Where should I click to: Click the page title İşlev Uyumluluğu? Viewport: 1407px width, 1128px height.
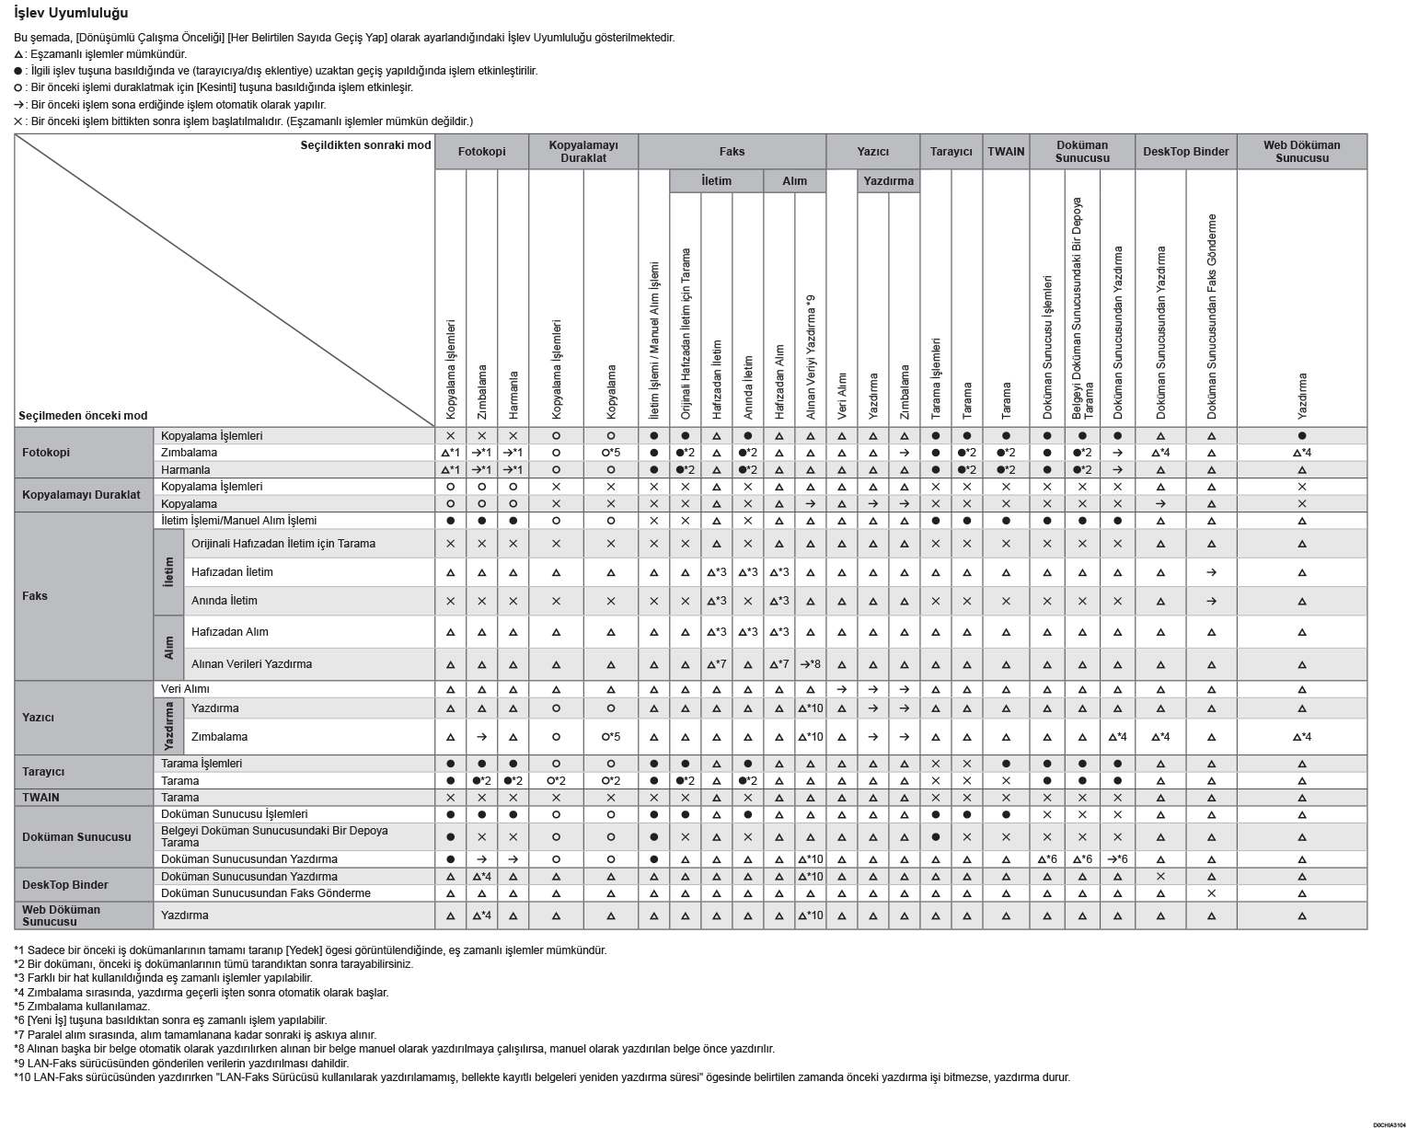(71, 14)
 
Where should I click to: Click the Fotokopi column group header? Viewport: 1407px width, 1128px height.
(481, 152)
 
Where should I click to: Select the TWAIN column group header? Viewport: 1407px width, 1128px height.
(1006, 152)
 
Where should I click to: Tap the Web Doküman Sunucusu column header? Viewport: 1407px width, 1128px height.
(1301, 152)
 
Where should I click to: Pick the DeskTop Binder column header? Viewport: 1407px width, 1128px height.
(1185, 152)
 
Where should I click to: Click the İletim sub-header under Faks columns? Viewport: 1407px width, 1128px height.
(716, 181)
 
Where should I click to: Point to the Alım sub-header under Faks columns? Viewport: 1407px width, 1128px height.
(794, 181)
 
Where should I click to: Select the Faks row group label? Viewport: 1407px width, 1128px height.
(35, 596)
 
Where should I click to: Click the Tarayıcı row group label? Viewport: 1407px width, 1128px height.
(43, 772)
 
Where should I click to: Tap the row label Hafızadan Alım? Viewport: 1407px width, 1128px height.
(230, 632)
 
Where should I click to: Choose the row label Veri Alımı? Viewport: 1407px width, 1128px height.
(185, 689)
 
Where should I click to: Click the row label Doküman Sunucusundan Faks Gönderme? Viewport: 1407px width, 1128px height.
(266, 893)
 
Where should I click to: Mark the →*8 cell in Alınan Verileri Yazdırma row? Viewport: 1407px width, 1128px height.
(810, 664)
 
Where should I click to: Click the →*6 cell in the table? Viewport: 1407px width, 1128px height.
(1117, 859)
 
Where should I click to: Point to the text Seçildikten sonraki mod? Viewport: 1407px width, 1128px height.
(365, 145)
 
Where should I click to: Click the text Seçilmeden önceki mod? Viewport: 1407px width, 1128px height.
(83, 416)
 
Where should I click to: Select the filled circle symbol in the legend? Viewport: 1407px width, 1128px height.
(18, 71)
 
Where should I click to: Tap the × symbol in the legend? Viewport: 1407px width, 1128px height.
(18, 121)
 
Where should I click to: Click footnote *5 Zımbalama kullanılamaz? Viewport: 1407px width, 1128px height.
(82, 1006)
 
